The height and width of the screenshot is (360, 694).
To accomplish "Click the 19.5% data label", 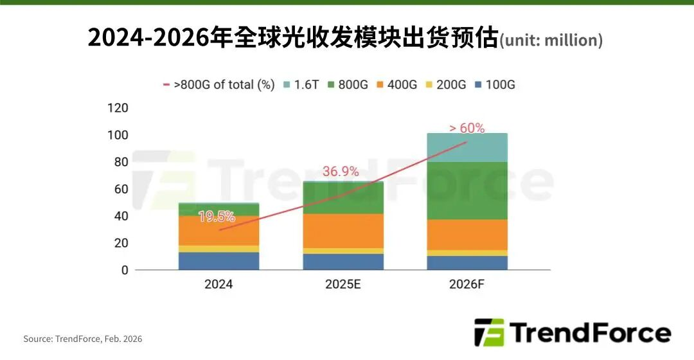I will (217, 217).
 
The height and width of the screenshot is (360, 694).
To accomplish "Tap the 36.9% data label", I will (340, 172).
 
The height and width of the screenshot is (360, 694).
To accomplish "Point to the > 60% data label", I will (467, 128).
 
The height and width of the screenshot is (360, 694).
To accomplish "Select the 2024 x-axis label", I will (218, 284).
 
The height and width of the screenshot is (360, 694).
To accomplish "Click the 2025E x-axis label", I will (343, 284).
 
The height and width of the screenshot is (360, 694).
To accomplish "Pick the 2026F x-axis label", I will (467, 284).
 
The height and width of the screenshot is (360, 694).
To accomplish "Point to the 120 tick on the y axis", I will (119, 107).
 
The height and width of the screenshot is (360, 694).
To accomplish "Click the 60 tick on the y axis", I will (121, 189).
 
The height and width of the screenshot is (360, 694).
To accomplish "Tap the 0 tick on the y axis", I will (125, 271).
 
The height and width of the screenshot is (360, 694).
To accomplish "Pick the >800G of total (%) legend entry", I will (218, 85).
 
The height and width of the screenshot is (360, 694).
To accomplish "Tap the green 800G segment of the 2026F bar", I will (467, 190).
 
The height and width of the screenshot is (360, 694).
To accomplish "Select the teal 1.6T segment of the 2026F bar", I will (467, 147).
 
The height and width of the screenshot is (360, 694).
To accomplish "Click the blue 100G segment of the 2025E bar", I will (343, 262).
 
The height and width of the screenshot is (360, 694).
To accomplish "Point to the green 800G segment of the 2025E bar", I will (343, 198).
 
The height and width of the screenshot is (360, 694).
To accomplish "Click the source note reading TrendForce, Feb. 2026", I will (83, 339).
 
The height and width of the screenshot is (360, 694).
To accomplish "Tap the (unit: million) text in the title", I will (551, 40).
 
